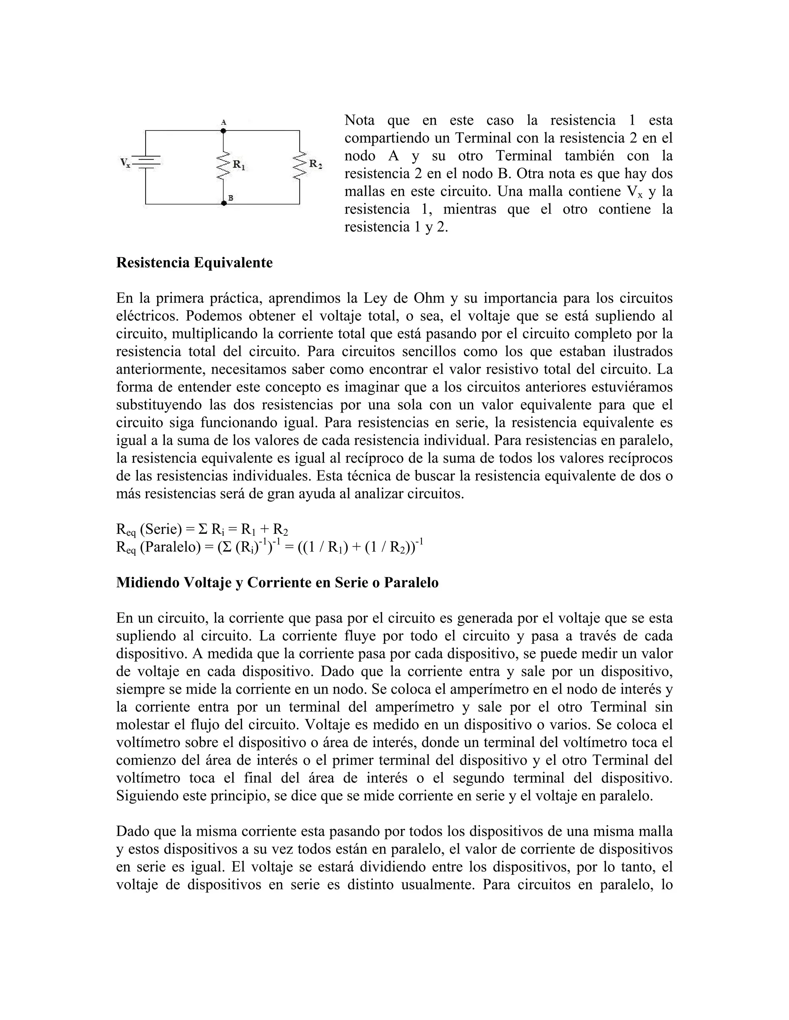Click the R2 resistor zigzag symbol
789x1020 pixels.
(299, 166)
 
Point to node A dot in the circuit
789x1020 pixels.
(223, 131)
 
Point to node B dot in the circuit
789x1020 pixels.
(224, 203)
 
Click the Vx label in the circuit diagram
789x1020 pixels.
(125, 162)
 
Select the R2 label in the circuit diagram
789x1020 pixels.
(316, 164)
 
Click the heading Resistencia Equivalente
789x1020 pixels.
(194, 263)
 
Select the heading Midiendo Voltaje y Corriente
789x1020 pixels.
(277, 582)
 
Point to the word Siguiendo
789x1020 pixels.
(144, 795)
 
